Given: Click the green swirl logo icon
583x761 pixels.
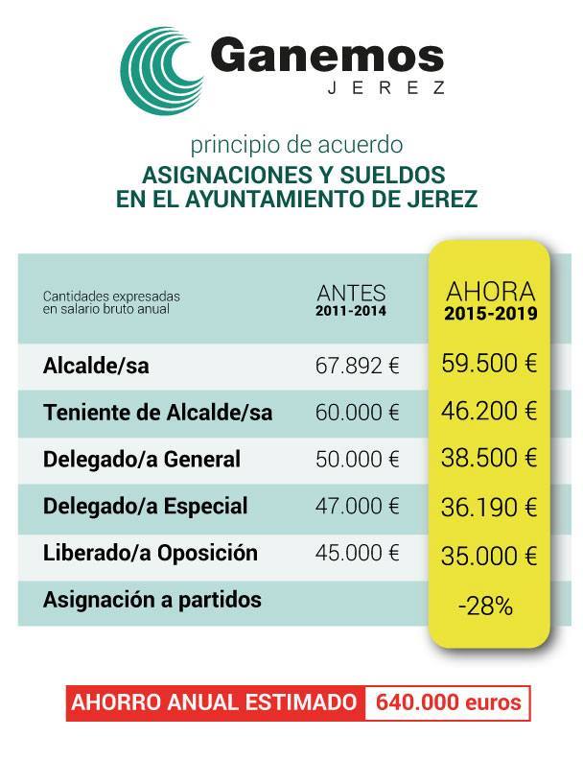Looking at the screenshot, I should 164,68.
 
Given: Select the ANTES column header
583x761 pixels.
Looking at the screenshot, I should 352,293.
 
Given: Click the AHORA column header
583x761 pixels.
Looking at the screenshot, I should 490,291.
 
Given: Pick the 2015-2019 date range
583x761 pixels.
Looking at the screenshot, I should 490,313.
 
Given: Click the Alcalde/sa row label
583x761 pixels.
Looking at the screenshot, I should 97,367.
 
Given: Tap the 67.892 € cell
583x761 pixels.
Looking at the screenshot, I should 357,367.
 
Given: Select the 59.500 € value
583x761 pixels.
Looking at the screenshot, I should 489,365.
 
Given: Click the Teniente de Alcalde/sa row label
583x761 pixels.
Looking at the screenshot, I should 158,414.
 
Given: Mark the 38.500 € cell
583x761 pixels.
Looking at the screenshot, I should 489,459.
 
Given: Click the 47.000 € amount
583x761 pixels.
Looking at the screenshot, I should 357,506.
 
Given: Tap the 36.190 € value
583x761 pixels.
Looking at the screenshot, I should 489,507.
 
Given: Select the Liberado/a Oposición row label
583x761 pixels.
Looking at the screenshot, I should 151,553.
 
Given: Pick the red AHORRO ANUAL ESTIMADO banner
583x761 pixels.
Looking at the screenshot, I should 216,702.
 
